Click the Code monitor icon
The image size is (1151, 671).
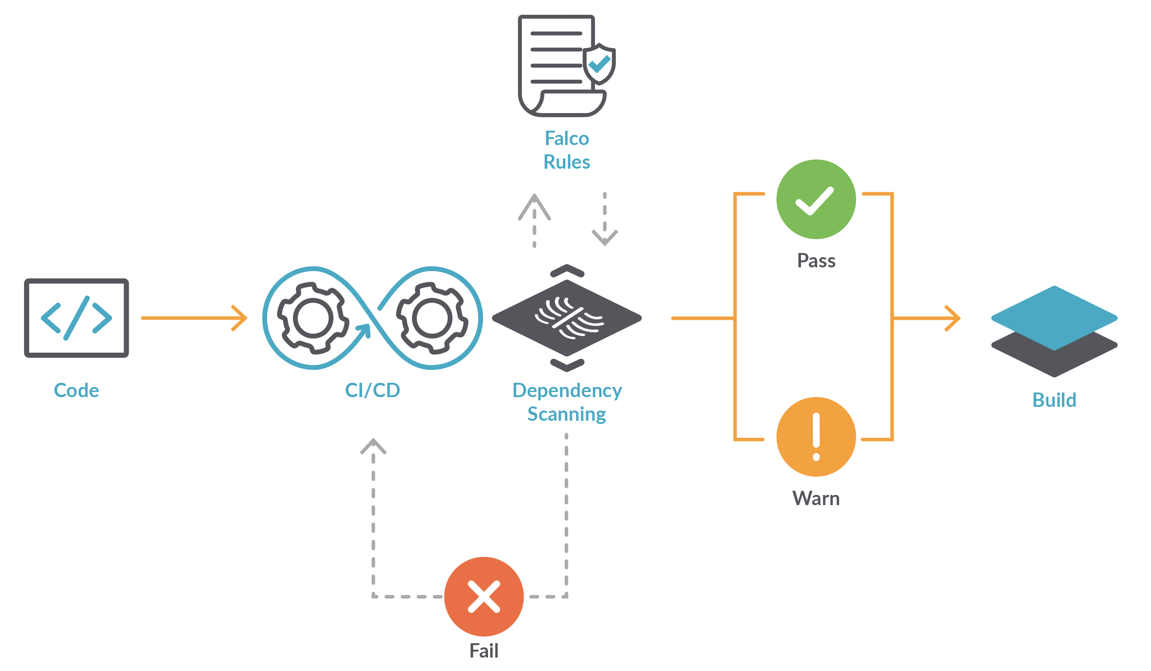(76, 318)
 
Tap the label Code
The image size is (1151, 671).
(76, 391)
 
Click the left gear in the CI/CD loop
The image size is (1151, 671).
(313, 318)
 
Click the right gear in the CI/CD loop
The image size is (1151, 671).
(432, 318)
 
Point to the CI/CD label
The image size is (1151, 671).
(372, 391)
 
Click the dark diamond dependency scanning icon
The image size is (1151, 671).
(567, 318)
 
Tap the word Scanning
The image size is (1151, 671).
(567, 414)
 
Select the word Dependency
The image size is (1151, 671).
(567, 391)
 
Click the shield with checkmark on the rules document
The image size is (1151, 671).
(599, 64)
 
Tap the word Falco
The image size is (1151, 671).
(567, 139)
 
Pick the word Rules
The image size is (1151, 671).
(567, 162)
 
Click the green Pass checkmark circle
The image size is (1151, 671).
(816, 199)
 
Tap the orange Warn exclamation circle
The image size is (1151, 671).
(816, 437)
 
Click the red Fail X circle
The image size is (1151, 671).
(484, 596)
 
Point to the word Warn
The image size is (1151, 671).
(816, 499)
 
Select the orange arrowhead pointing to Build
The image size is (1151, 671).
(953, 318)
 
